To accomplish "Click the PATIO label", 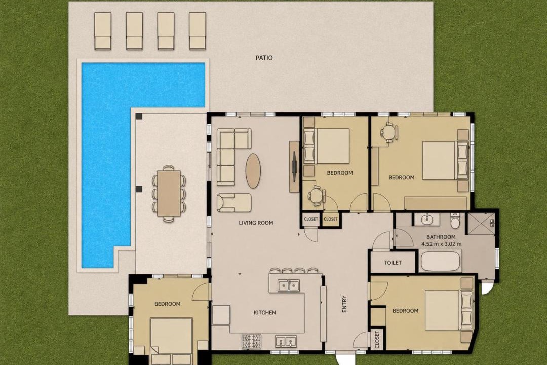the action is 264,58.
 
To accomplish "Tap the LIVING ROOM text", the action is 256,223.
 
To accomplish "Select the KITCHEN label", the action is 264,313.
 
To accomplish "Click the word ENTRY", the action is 345,304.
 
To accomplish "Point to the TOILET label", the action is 393,263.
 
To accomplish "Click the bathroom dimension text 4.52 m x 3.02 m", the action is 441,244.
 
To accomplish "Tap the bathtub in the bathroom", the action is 440,262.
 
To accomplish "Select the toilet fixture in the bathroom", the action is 455,221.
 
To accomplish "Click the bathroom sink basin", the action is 426,220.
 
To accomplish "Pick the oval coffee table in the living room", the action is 253,171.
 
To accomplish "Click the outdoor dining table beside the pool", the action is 169,193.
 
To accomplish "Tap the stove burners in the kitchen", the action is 252,341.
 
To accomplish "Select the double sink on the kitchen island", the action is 289,286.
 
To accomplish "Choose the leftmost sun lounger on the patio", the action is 103,31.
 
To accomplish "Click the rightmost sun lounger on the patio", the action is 198,31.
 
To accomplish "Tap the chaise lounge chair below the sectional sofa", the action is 234,203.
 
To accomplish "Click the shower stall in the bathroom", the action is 481,223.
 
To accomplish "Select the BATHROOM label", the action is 441,237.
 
